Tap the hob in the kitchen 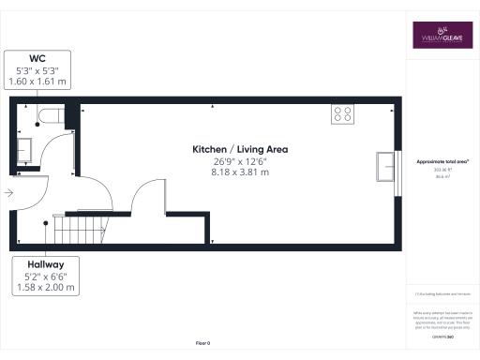[342, 114]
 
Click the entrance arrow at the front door [8, 193]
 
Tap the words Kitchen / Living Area [239, 150]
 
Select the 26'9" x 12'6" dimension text [239, 161]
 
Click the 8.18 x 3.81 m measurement [239, 172]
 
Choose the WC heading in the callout [38, 58]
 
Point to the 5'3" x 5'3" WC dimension [38, 70]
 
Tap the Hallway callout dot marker [46, 222]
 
